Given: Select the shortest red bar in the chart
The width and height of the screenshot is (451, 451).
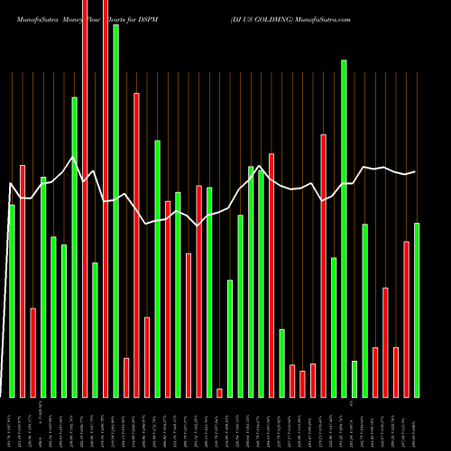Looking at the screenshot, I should click(219, 392).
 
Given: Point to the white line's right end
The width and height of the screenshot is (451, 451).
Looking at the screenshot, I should click(415, 171).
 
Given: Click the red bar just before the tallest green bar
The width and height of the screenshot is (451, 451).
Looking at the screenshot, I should click(106, 198).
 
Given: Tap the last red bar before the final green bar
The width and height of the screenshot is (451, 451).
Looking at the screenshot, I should click(406, 319).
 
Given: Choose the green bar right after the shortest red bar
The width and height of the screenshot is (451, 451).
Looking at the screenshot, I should click(230, 338).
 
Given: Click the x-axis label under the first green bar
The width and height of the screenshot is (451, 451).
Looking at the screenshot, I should click(13, 424).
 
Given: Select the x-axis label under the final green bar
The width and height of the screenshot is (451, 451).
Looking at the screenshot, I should click(417, 424).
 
